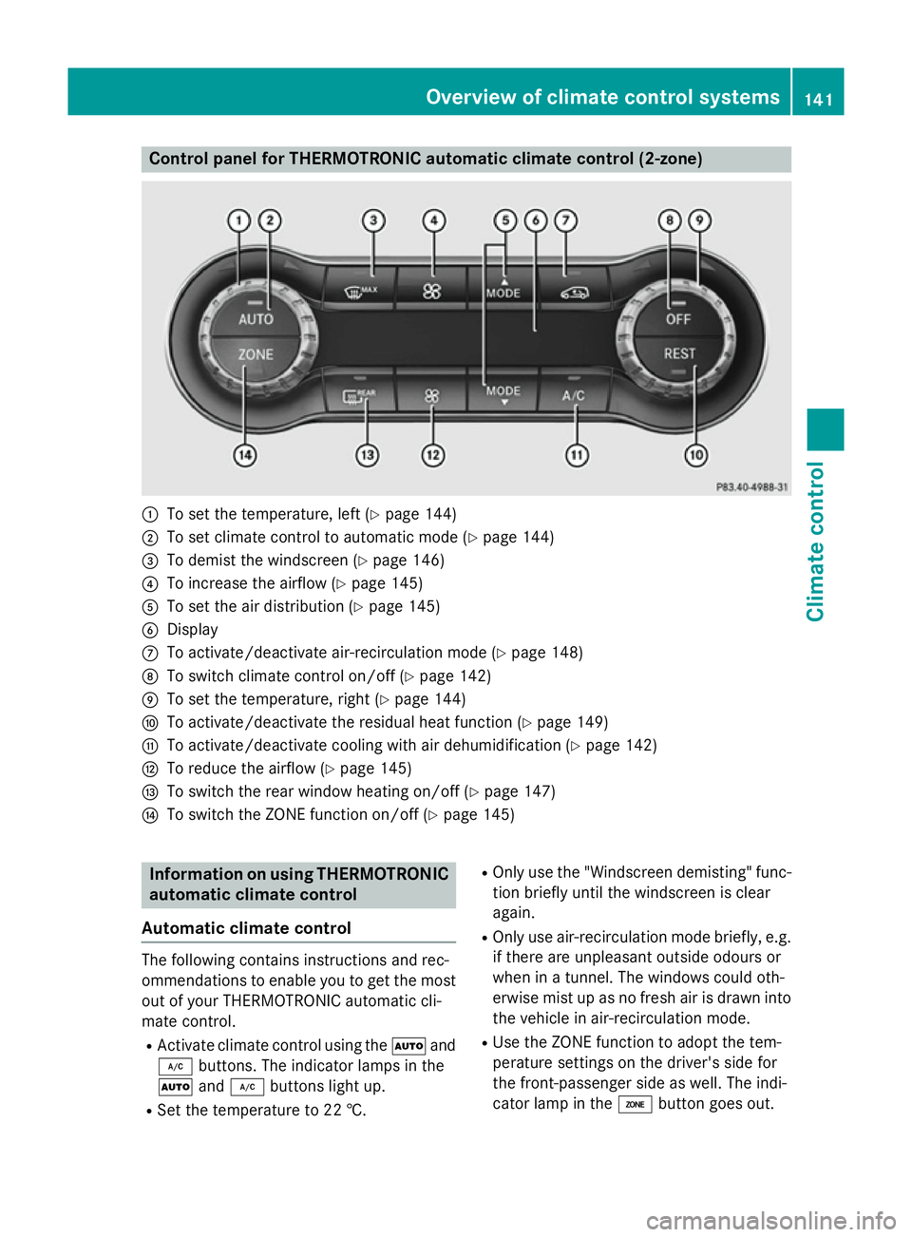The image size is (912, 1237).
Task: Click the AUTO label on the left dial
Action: point(256,319)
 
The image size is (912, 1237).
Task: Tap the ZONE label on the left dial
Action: point(256,354)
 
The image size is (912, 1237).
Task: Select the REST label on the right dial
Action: point(679,353)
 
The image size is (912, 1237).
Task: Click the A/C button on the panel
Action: point(574,395)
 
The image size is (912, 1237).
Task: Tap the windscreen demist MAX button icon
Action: point(360,292)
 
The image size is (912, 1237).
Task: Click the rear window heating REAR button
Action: point(359,396)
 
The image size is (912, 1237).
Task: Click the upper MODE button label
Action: point(503,294)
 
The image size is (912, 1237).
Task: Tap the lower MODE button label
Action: point(503,391)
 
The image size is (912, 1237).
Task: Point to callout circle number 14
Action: point(244,456)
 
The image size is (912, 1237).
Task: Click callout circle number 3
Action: point(373,220)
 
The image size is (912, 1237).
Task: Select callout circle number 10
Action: point(696,456)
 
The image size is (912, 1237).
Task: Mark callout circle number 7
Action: point(565,220)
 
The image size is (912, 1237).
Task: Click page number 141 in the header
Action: point(819,100)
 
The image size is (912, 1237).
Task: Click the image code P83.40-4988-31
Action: point(751,487)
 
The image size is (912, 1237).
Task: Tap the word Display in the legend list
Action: point(193,630)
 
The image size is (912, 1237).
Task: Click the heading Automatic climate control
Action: point(246,927)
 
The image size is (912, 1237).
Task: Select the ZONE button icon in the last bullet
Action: point(635,1104)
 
